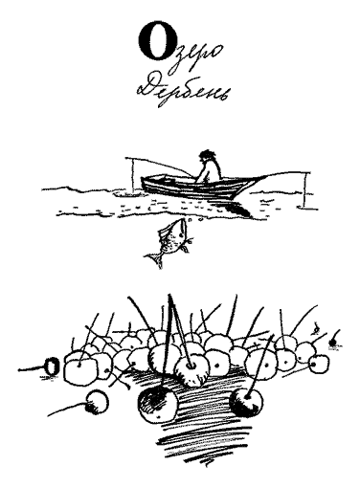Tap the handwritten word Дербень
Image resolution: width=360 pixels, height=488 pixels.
pos(183,90)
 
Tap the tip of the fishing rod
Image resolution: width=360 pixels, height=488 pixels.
pos(126,158)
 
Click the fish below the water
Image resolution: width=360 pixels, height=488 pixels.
pos(169,242)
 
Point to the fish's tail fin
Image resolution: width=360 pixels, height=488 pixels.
pos(155,258)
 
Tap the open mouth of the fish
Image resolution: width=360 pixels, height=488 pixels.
pos(183,221)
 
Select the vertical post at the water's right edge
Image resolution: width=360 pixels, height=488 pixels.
pos(305,190)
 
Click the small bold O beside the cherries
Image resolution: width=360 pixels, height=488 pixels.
pos(52,367)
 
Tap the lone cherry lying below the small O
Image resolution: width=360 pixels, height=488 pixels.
pos(98,401)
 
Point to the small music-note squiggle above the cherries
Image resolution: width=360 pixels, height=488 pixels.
pos(316,329)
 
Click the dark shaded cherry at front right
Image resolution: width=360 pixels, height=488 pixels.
pos(246,402)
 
